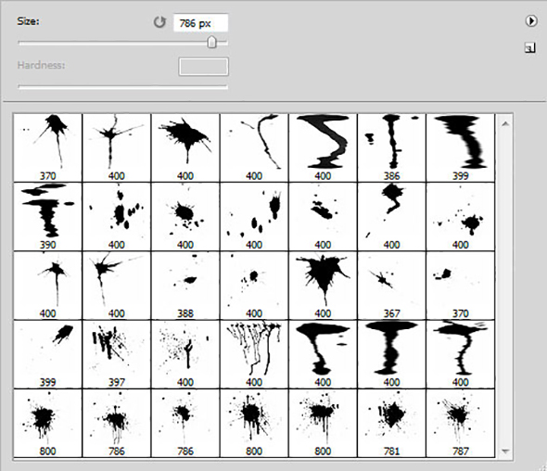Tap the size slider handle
[x=211, y=43]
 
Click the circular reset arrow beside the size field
[x=159, y=22]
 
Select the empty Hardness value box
[x=204, y=67]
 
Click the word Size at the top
[x=28, y=21]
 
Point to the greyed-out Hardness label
[x=41, y=65]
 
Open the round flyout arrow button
[x=530, y=21]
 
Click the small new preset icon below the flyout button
[x=530, y=48]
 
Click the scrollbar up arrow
[x=505, y=124]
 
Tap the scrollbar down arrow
[x=505, y=452]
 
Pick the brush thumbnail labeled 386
[x=391, y=147]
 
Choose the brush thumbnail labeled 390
[x=47, y=216]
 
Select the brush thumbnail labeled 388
[x=185, y=285]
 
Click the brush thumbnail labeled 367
[x=391, y=285]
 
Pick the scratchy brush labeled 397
[x=117, y=354]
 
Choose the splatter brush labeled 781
[x=391, y=423]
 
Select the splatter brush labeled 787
[x=460, y=423]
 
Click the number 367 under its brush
[x=391, y=313]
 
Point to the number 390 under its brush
[x=47, y=245]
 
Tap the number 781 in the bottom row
[x=391, y=452]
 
